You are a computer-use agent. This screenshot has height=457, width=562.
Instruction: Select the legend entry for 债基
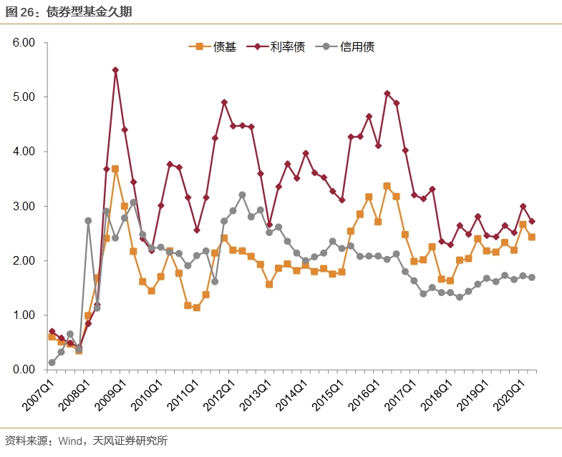(212, 47)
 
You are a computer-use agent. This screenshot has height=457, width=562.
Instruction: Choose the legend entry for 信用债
(347, 47)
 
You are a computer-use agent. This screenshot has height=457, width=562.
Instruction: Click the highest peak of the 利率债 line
(115, 70)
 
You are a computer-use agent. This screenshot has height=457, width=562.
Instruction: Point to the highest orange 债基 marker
(115, 169)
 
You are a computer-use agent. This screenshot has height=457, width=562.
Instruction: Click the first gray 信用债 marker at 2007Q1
(52, 363)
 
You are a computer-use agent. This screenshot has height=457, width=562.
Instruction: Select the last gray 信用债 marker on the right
(532, 277)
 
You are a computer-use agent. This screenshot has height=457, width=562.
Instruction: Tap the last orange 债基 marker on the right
(532, 237)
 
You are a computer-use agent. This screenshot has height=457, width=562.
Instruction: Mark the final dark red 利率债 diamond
(532, 222)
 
